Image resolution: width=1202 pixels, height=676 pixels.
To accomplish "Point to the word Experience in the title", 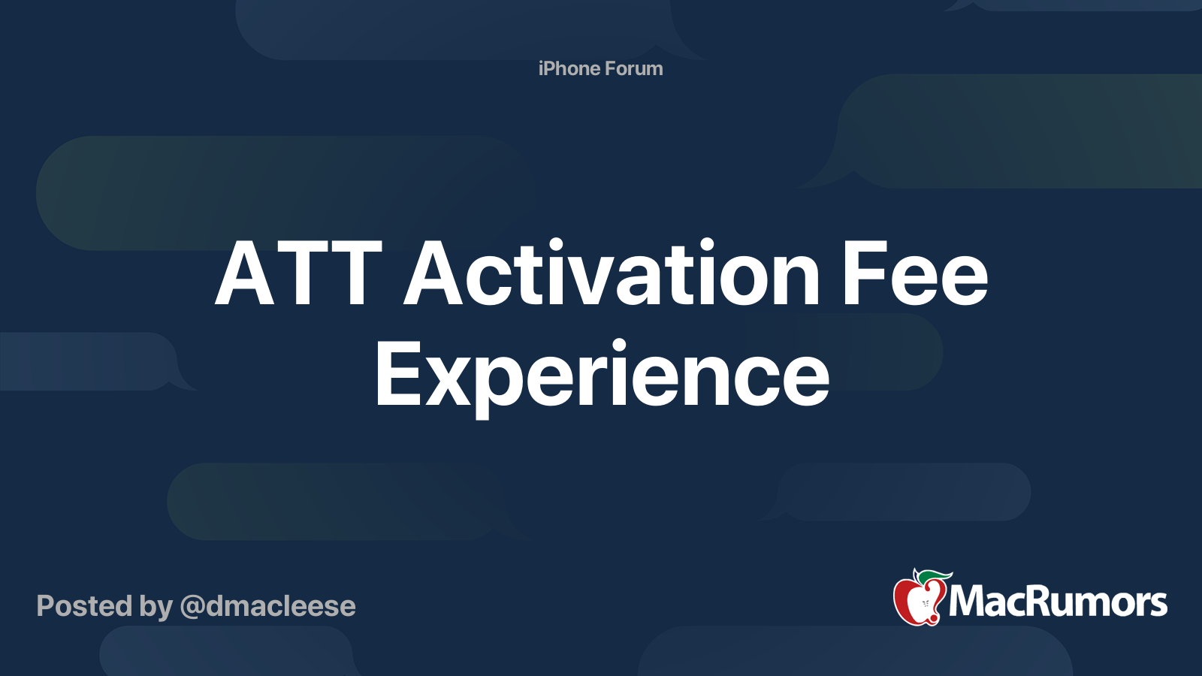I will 602,374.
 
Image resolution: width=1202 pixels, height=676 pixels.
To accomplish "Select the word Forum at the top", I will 634,68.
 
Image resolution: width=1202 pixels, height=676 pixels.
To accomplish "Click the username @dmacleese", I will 267,606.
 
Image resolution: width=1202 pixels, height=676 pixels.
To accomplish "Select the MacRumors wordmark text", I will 1058,602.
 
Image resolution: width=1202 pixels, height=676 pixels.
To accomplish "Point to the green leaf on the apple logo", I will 934,576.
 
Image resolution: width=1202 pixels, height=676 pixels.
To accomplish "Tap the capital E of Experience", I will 396,374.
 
